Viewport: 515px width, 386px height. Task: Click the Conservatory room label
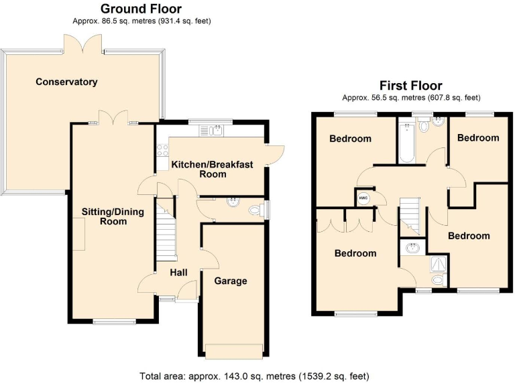[66, 82]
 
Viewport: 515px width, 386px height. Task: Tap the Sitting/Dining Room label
[104, 216]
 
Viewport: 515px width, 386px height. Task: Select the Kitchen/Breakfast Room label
[208, 169]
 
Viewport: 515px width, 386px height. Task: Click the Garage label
[231, 281]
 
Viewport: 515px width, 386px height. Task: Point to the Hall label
[178, 272]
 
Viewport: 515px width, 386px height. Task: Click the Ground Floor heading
[141, 9]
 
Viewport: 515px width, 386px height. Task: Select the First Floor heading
[410, 85]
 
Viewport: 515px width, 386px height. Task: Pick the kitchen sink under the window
[215, 130]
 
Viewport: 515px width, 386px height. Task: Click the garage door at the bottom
[235, 350]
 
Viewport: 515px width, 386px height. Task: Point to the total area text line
[254, 376]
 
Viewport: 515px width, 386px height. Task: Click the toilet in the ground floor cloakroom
[254, 210]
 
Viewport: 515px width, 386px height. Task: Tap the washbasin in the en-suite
[412, 249]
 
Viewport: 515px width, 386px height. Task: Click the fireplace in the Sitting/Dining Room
[79, 235]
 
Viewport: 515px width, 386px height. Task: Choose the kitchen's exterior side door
[274, 153]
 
